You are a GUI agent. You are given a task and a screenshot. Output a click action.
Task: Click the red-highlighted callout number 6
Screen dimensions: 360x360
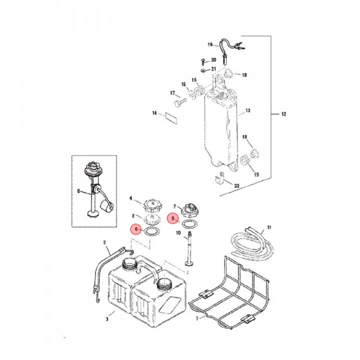pyautogui.click(x=136, y=229)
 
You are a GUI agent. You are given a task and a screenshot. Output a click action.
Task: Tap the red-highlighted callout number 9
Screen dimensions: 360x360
pyautogui.click(x=172, y=218)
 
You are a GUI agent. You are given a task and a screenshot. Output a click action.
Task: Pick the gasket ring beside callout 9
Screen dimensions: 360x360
pyautogui.click(x=190, y=223)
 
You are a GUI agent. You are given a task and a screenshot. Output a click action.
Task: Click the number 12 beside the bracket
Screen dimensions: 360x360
pyautogui.click(x=284, y=114)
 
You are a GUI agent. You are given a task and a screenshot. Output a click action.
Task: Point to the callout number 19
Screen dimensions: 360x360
pyautogui.click(x=210, y=44)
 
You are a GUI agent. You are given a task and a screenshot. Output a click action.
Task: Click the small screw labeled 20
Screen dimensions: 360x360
pyautogui.click(x=203, y=61)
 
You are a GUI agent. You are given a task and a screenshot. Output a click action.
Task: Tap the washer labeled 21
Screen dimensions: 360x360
pyautogui.click(x=203, y=70)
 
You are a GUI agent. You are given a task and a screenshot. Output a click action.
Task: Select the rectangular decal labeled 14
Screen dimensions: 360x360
pyautogui.click(x=171, y=118)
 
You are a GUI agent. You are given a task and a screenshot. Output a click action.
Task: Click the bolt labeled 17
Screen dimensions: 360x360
pyautogui.click(x=180, y=102)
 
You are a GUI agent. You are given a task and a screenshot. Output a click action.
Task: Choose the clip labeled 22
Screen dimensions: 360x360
pyautogui.click(x=219, y=178)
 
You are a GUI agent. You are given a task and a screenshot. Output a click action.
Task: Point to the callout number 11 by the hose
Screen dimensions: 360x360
pyautogui.click(x=269, y=227)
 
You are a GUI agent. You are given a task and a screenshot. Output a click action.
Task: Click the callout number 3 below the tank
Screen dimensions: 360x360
pyautogui.click(x=107, y=319)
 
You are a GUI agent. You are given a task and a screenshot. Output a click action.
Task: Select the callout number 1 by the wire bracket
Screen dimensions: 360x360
pyautogui.click(x=197, y=318)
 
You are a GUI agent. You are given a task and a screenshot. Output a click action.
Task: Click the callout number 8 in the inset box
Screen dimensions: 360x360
pyautogui.click(x=78, y=191)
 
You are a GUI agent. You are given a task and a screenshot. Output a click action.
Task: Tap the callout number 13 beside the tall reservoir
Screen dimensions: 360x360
pyautogui.click(x=247, y=110)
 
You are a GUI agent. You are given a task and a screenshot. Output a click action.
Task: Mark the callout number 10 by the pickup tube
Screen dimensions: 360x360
pyautogui.click(x=178, y=233)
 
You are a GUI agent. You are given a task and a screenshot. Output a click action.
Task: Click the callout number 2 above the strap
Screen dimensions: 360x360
pyautogui.click(x=104, y=242)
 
